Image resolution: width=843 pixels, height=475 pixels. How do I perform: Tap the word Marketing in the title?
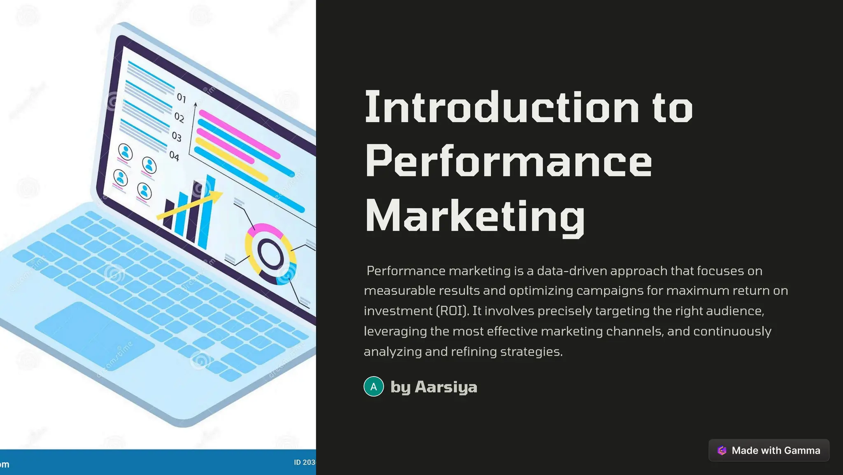click(475, 217)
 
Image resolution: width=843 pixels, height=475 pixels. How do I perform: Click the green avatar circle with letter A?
click(374, 387)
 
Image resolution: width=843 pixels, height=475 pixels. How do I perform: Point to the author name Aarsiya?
click(446, 387)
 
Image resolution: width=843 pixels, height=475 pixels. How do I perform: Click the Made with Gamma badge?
click(769, 450)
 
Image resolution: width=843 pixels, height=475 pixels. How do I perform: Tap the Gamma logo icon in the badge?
click(722, 450)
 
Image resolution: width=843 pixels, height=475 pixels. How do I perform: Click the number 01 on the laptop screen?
click(182, 98)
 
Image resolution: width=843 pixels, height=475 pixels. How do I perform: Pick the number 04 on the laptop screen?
click(174, 156)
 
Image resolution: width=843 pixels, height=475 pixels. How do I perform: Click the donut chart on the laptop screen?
click(270, 254)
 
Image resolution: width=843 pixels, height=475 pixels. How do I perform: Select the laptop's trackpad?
click(95, 335)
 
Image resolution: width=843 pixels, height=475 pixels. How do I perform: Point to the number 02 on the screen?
click(179, 117)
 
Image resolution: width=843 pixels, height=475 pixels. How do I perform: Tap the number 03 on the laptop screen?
click(177, 136)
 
